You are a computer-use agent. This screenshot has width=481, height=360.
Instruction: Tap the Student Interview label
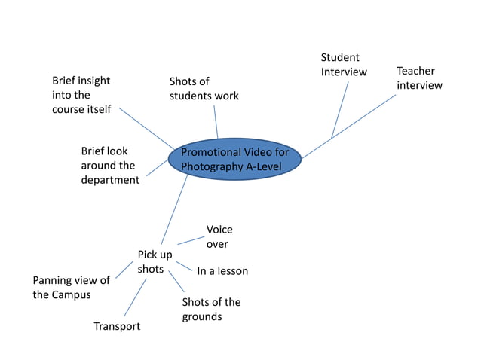point(344,65)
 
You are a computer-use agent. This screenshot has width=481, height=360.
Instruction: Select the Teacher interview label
point(419,78)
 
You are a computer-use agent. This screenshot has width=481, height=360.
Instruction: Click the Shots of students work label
point(204,88)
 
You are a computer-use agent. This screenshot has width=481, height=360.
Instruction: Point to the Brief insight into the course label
point(81,95)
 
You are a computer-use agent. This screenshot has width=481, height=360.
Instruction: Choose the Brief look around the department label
point(110,166)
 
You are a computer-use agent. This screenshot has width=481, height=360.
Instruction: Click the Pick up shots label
point(155,261)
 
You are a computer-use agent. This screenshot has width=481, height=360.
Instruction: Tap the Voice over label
point(219,236)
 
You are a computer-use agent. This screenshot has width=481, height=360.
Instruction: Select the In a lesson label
point(222,270)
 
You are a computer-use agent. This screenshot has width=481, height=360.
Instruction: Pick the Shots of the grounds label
point(211,309)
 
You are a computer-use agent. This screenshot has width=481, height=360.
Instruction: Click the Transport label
point(117,326)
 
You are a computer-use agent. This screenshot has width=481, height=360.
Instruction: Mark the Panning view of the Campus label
point(71,287)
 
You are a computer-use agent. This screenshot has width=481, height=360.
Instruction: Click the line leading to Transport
point(135,297)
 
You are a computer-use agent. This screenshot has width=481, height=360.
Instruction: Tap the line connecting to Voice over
point(191,240)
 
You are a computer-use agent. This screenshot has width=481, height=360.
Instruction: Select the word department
point(110,180)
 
